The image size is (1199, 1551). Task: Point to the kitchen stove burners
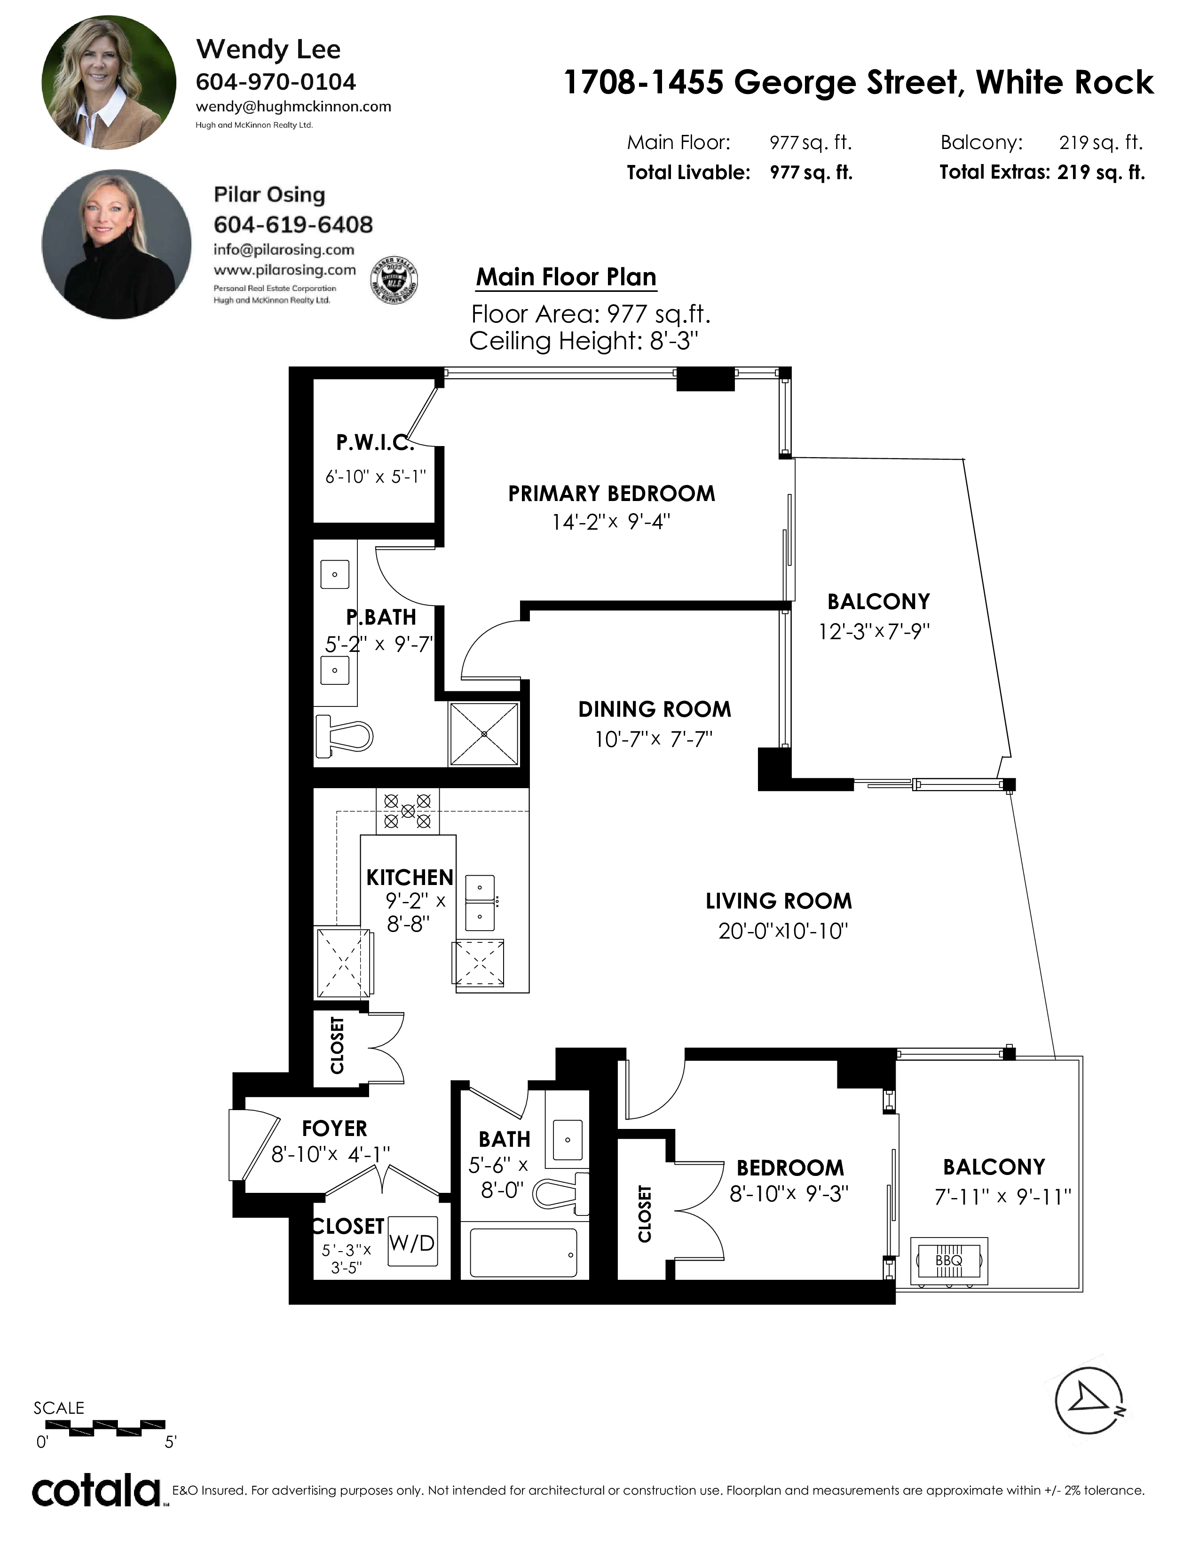click(408, 810)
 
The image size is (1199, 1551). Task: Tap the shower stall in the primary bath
click(484, 734)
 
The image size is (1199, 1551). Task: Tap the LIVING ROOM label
click(779, 901)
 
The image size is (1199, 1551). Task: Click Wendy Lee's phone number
click(276, 82)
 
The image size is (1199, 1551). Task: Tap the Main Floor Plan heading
click(566, 277)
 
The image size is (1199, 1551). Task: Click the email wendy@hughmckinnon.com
click(293, 107)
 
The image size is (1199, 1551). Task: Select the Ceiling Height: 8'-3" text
click(584, 341)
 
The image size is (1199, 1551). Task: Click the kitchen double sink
click(480, 902)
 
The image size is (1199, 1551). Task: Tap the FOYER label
click(335, 1128)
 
